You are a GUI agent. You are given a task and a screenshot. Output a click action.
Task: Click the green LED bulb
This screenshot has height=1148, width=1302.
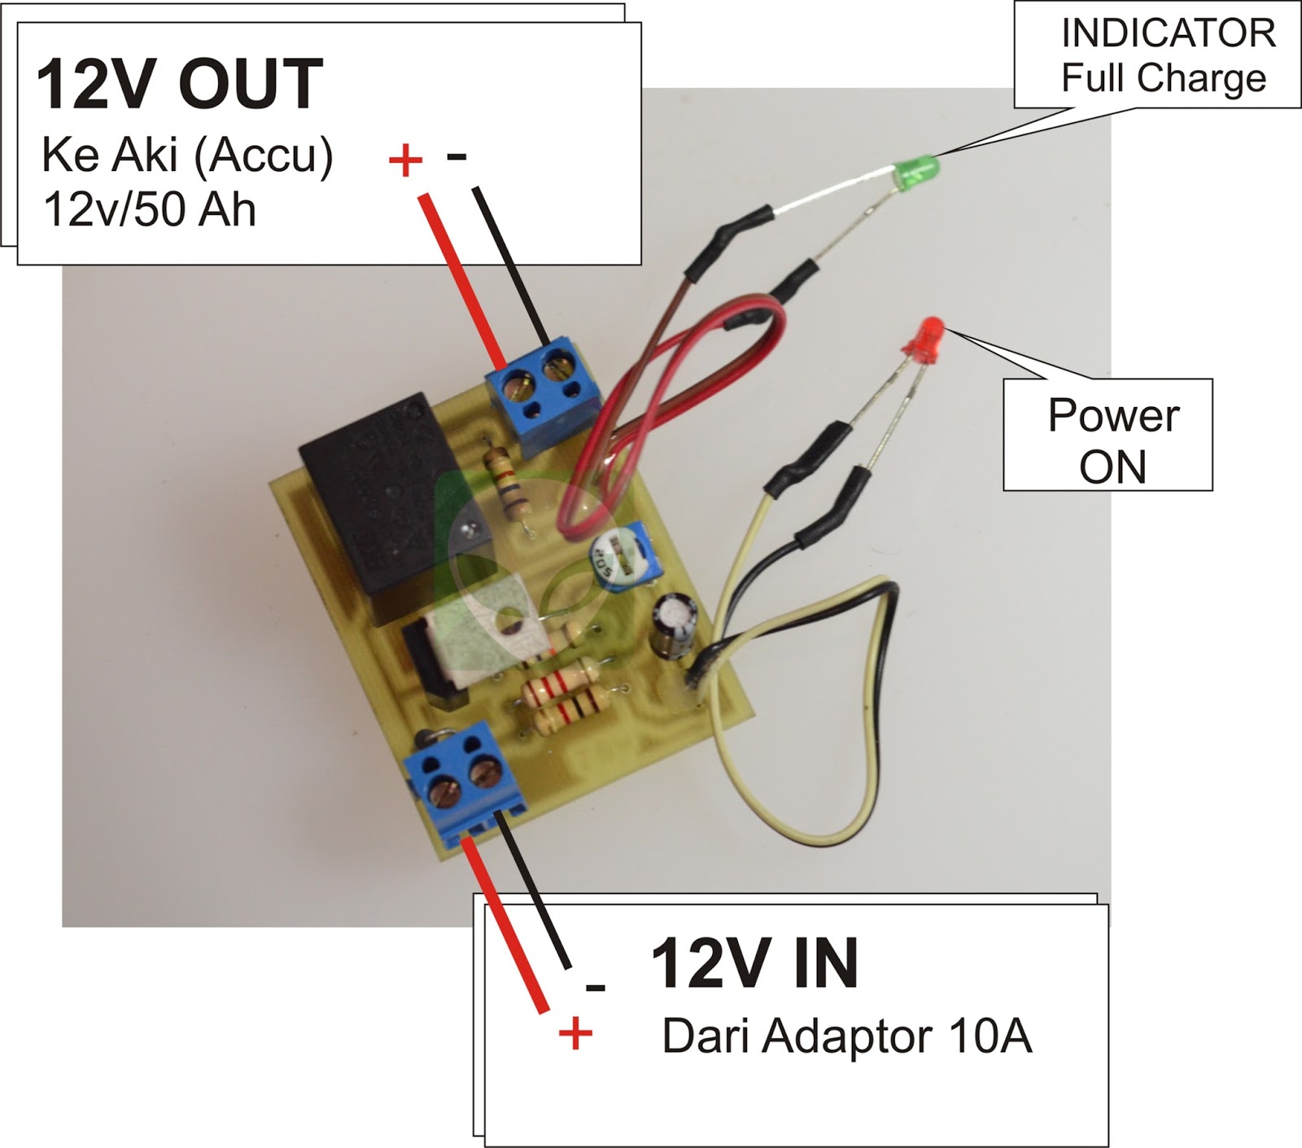pos(917,172)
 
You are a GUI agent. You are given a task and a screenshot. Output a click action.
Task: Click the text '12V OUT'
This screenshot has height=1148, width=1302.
pos(180,85)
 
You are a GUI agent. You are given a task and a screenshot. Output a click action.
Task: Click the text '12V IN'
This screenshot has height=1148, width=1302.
pos(754,963)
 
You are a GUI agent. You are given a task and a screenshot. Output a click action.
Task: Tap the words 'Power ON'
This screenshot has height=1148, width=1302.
pos(1112,440)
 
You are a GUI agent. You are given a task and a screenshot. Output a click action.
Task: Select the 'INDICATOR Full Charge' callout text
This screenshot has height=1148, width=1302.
pos(1166,56)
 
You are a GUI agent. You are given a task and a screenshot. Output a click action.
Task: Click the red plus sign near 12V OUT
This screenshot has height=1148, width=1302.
pos(405,160)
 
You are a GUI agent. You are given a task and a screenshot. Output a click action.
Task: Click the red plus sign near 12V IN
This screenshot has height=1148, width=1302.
pos(575,1034)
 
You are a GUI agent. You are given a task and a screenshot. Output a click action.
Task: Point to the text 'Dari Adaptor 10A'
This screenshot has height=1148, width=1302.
pos(846,1036)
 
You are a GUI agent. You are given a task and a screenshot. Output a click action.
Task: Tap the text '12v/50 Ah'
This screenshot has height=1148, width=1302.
pos(149,209)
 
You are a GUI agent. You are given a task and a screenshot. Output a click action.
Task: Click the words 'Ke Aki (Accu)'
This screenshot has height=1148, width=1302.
pos(187,155)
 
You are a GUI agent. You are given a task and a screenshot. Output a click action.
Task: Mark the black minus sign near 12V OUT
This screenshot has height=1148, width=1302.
pos(457,156)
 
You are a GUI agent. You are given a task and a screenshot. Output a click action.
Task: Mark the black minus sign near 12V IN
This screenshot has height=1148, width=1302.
pos(596,988)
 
